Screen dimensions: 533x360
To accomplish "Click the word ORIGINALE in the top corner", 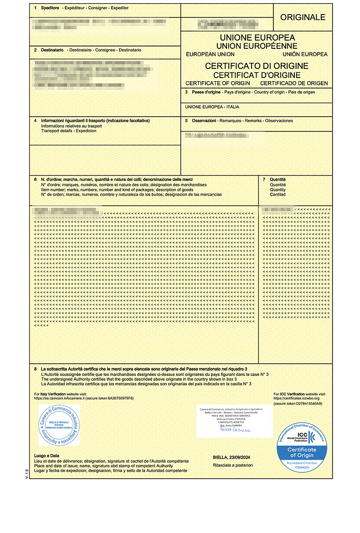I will click(x=303, y=17).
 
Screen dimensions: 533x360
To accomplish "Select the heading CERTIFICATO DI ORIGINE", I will click(x=257, y=66).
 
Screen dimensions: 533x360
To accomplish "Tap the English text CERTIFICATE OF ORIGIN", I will click(x=218, y=83).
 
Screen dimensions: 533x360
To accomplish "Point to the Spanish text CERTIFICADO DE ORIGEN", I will click(x=293, y=83).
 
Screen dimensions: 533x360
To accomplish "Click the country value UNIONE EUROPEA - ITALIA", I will click(x=212, y=107).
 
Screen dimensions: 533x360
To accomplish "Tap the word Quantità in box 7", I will click(x=278, y=180).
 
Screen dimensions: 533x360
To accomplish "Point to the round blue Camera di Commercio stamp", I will click(x=58, y=425).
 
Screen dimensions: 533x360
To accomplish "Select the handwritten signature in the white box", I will click(x=233, y=429).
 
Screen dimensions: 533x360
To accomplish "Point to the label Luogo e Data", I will click(x=46, y=455).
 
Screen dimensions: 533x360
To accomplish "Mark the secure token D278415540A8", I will click(x=307, y=404).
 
